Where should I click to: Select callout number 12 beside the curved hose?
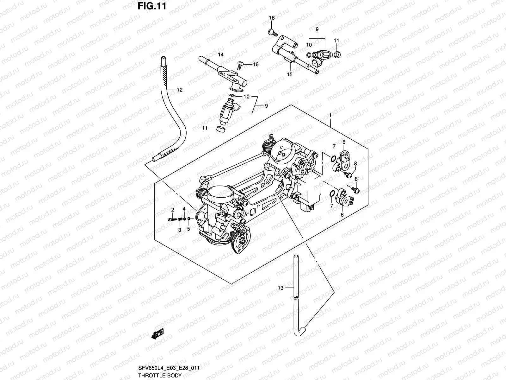[179, 90]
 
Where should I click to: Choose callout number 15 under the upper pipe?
[290, 75]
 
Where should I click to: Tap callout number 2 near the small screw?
[173, 210]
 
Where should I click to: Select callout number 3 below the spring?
[179, 230]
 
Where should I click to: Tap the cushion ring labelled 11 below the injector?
[221, 129]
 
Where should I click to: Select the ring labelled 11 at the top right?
[337, 55]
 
